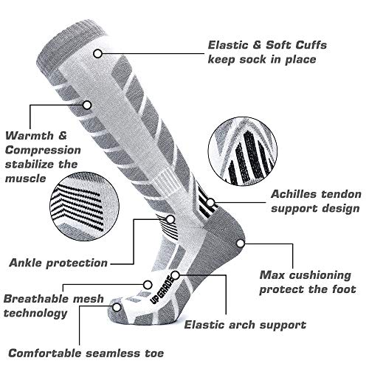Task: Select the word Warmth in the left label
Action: (30, 136)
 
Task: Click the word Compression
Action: (43, 151)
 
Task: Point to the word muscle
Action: (26, 179)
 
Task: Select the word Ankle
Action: (26, 263)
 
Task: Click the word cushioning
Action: (320, 275)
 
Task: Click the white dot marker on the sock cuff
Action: (98, 53)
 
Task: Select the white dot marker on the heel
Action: (241, 244)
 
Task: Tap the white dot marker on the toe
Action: (117, 307)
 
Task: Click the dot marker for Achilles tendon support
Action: (210, 202)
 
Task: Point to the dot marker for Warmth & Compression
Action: (87, 105)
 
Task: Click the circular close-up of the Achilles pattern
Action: (243, 151)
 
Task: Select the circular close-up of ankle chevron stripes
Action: (84, 206)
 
